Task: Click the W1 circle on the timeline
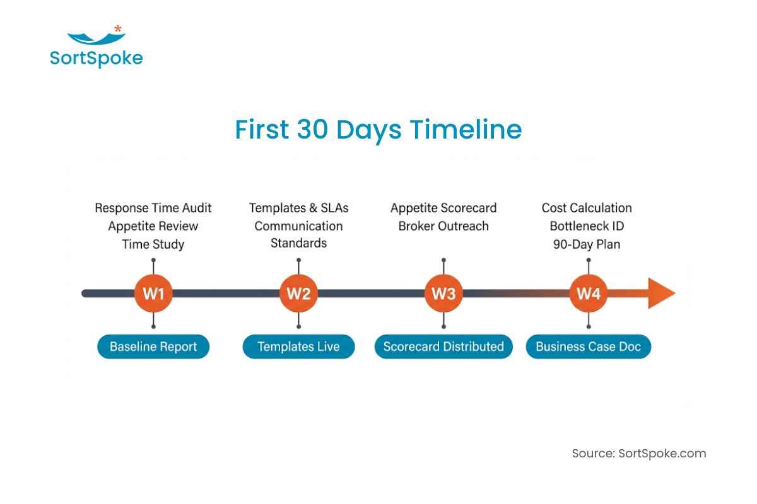click(x=153, y=294)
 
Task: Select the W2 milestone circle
click(x=298, y=294)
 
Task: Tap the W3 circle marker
click(x=443, y=294)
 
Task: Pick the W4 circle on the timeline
click(x=589, y=294)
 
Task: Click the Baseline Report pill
click(x=153, y=346)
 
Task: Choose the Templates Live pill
click(x=298, y=346)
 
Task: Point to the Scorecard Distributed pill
click(x=443, y=346)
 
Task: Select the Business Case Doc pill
click(x=589, y=346)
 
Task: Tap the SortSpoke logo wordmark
click(x=97, y=59)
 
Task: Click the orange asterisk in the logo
click(x=118, y=28)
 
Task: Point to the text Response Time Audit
click(x=153, y=208)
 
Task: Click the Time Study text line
click(x=153, y=244)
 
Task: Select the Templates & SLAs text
click(x=298, y=208)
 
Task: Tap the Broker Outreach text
click(x=443, y=226)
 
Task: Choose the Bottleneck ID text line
click(x=587, y=226)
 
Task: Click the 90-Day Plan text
click(x=587, y=244)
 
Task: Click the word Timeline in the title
click(x=466, y=130)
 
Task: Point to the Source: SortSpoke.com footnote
click(x=639, y=454)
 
